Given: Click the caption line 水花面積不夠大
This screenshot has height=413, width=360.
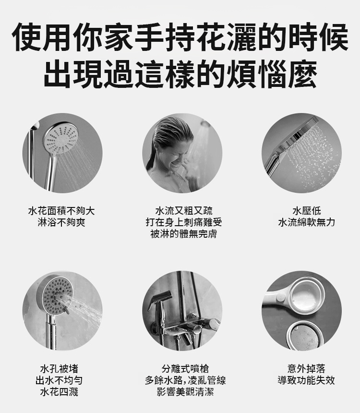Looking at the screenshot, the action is tap(61, 211).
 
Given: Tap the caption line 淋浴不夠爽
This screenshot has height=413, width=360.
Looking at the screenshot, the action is tap(61, 222).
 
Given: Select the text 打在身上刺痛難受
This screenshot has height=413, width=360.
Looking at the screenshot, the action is tap(184, 222).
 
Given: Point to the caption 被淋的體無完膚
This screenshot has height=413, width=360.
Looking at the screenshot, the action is tap(184, 234).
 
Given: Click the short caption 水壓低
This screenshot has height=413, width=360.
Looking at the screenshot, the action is tap(307, 211).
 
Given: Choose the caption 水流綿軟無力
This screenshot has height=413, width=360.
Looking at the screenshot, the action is tap(307, 222).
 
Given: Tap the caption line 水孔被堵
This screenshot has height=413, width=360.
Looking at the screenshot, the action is tap(59, 369).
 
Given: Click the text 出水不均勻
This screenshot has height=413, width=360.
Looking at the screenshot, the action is tap(59, 380).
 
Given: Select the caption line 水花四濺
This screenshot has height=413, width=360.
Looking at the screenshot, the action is tap(59, 392).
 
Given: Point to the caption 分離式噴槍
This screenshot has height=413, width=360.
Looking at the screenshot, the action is tap(185, 369).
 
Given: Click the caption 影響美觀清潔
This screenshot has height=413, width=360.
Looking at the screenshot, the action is tap(185, 392).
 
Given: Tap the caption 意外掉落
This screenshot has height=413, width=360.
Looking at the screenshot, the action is tap(306, 369).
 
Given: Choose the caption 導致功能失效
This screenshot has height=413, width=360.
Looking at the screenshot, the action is tap(306, 380).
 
